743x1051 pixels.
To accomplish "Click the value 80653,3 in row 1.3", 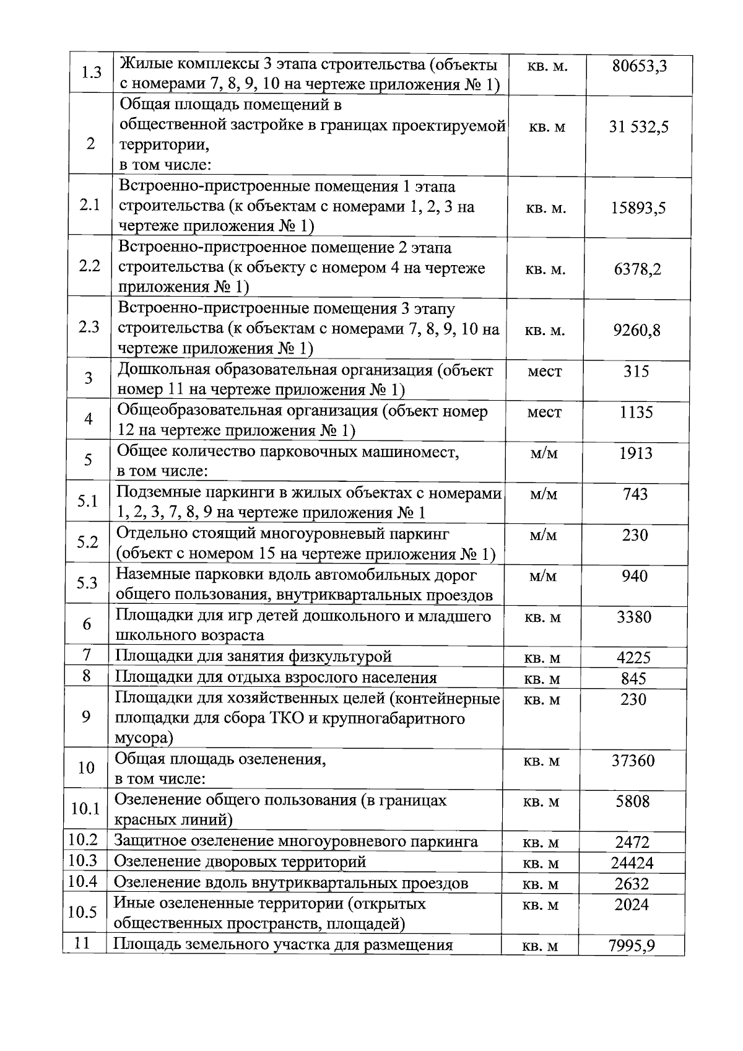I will pyautogui.click(x=639, y=65).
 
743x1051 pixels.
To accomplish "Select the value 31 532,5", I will pyautogui.click(x=638, y=128).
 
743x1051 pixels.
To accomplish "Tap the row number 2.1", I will pyautogui.click(x=90, y=206).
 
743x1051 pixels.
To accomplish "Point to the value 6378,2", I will pyautogui.click(x=637, y=269).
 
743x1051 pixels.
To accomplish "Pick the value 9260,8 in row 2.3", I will pyautogui.click(x=637, y=330).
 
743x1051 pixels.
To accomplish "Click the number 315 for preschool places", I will pyautogui.click(x=636, y=372).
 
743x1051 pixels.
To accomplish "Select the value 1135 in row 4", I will pyautogui.click(x=636, y=412).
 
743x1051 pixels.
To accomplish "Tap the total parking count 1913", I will pyautogui.click(x=636, y=453).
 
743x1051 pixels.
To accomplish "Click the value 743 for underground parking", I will pyautogui.click(x=635, y=494).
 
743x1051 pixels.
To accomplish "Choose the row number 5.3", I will pyautogui.click(x=87, y=583).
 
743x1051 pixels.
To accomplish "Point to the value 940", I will pyautogui.click(x=635, y=576).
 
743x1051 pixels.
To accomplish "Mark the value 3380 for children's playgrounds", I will pyautogui.click(x=634, y=617).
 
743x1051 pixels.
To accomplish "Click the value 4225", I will pyautogui.click(x=633, y=657).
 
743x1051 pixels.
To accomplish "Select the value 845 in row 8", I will pyautogui.click(x=633, y=679).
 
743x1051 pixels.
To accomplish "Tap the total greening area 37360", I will pyautogui.click(x=633, y=761).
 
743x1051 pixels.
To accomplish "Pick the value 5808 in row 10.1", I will pyautogui.click(x=633, y=801).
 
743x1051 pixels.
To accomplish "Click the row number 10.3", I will pyautogui.click(x=83, y=861).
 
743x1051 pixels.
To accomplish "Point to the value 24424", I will pyautogui.click(x=632, y=863).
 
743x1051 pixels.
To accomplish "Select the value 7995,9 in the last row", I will pyautogui.click(x=632, y=946).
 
